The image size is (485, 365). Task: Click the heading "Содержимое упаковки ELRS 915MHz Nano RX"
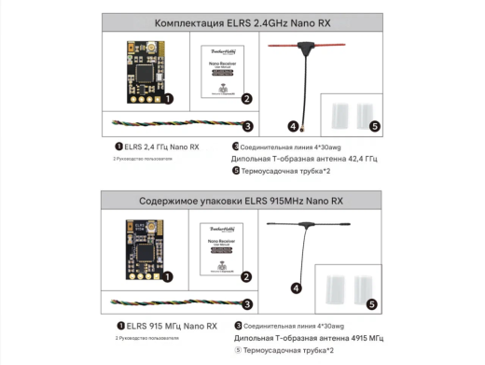pyautogui.click(x=242, y=200)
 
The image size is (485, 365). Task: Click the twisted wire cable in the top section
pyautogui.click(x=173, y=124)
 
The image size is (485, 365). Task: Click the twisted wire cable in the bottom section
pyautogui.click(x=173, y=302)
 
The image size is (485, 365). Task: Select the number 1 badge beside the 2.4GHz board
pyautogui.click(x=168, y=97)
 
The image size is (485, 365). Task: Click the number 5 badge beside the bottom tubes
pyautogui.click(x=372, y=303)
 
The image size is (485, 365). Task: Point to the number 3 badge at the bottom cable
pyautogui.click(x=247, y=302)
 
